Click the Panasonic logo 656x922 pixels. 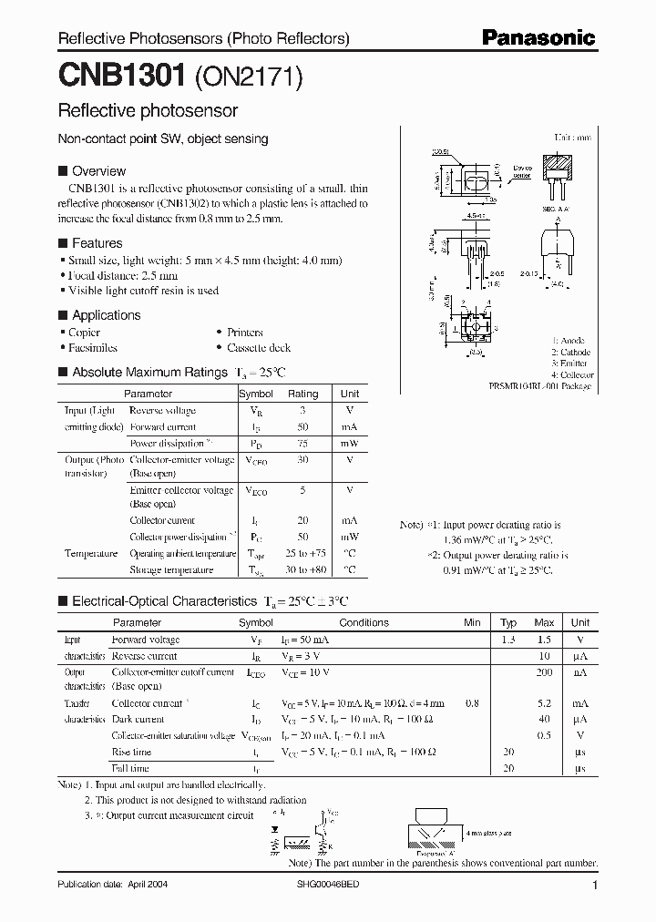point(538,38)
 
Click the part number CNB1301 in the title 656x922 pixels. point(123,76)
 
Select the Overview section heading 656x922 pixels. point(98,171)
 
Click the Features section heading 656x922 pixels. point(97,243)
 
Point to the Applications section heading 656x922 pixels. point(106,315)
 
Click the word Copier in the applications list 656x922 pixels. point(85,333)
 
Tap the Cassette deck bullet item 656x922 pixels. point(259,348)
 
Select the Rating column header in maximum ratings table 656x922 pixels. point(303,394)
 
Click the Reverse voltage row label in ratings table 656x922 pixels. point(163,411)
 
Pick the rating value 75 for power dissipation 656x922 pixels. point(302,444)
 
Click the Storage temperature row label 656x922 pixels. point(171,569)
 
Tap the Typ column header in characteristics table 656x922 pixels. point(508,623)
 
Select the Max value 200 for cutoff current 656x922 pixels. point(544,671)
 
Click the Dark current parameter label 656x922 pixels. point(138,720)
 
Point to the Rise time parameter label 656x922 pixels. point(131,753)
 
